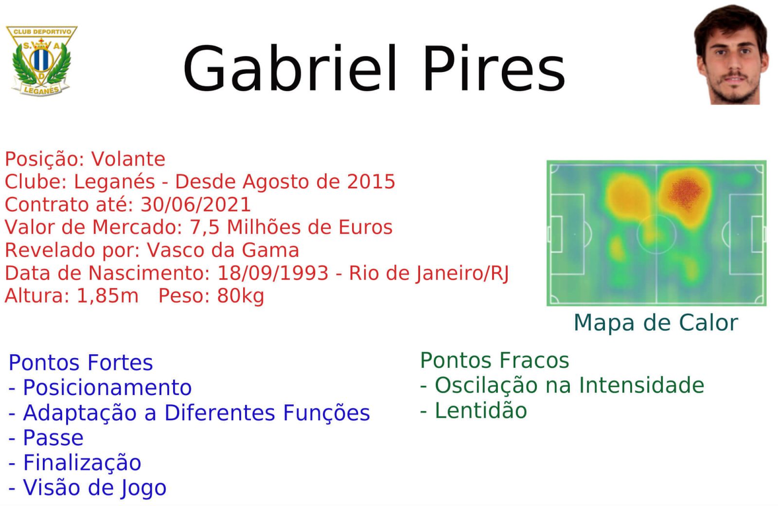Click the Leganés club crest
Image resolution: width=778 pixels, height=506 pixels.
coord(42,61)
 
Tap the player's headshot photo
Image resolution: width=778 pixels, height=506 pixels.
coord(731,54)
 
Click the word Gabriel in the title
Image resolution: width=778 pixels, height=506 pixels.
coord(290,69)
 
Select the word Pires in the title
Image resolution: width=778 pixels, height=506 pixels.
coord(494,69)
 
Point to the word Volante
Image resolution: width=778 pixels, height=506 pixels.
coord(128,159)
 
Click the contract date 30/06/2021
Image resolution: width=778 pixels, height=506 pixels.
coord(195,204)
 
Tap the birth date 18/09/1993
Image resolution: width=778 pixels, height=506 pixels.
coord(273,273)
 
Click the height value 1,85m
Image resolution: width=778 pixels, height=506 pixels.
coord(107,296)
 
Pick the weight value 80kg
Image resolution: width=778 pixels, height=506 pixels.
coord(240,296)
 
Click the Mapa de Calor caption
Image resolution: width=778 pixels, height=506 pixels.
coord(656,323)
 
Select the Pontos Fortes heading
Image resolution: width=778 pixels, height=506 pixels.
coord(81,362)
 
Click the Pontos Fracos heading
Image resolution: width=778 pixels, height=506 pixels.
coord(495,360)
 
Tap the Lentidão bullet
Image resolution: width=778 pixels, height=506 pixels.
coord(474,411)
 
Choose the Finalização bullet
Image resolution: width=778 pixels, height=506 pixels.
coord(75,463)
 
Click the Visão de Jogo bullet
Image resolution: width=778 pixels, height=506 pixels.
coord(88,488)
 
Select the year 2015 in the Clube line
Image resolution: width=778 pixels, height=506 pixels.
coord(371,182)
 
